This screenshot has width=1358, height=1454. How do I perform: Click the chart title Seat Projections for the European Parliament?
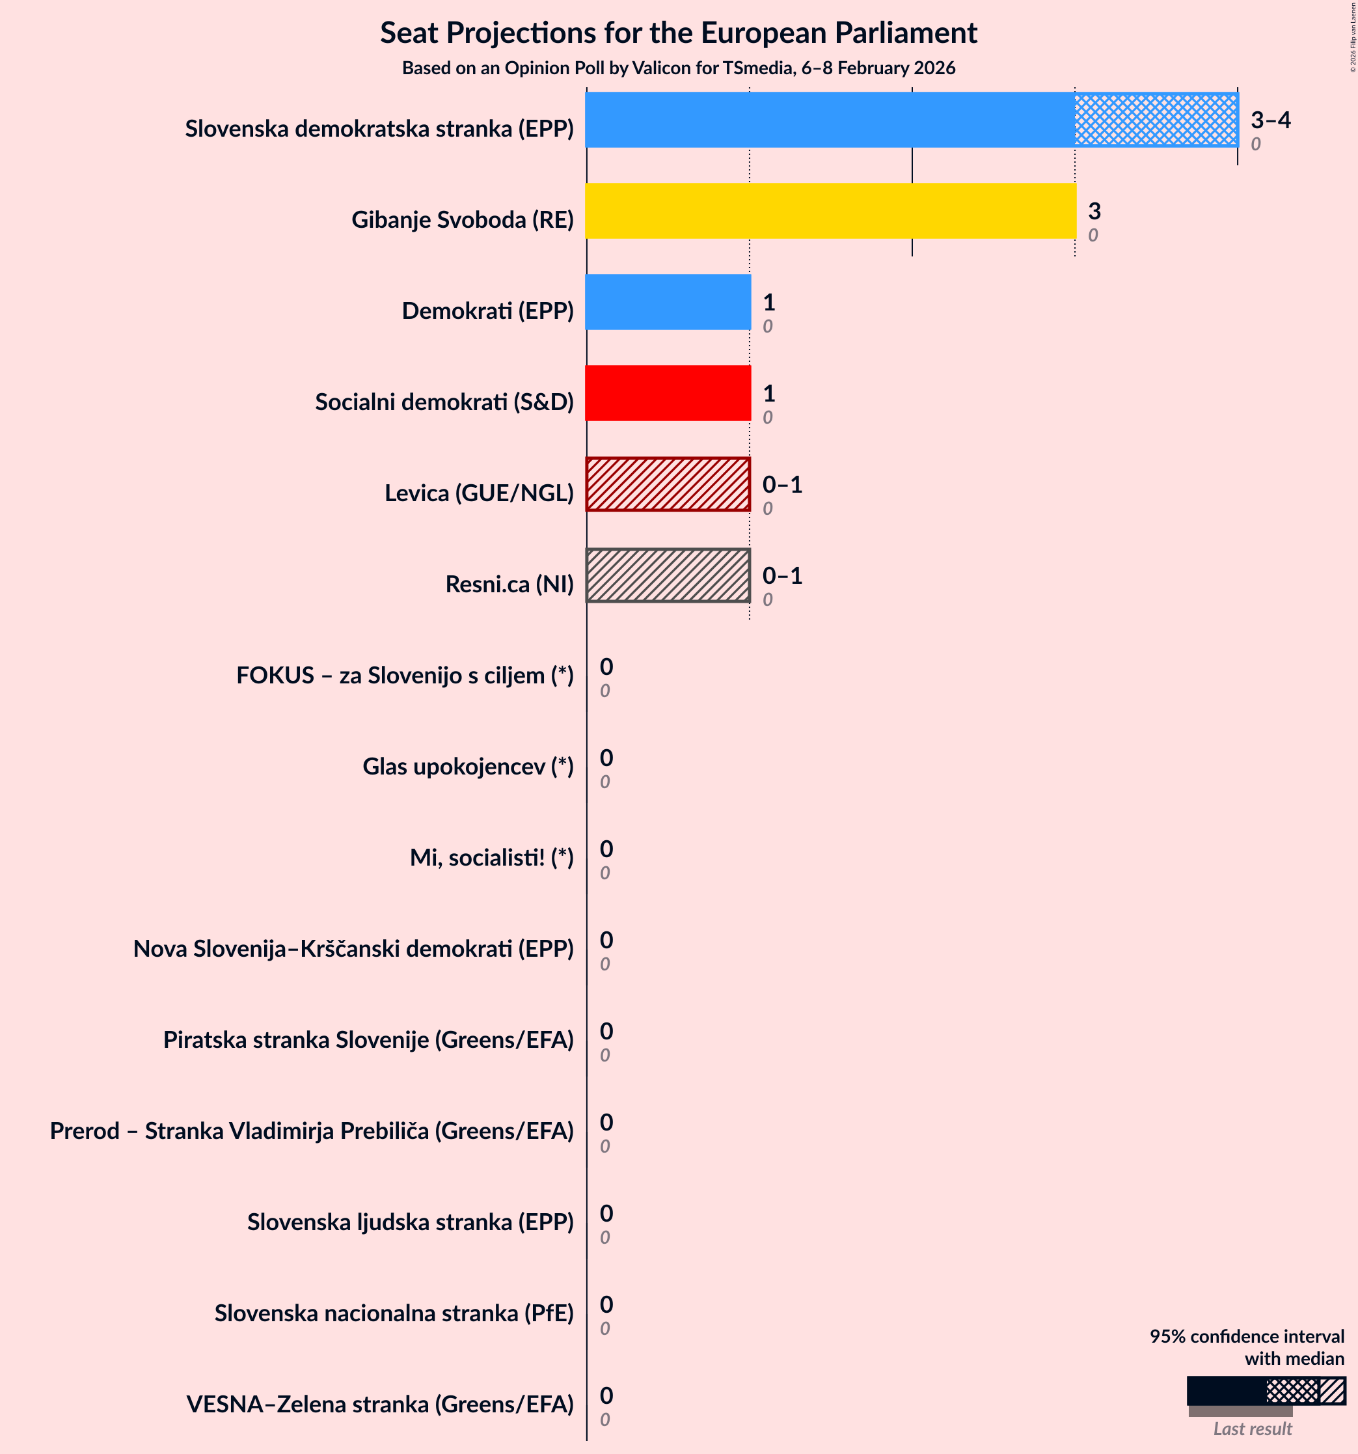pos(678,34)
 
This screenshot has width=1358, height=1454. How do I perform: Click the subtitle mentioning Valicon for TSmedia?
pos(678,68)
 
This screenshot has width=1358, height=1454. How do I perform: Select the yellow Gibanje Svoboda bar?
pos(830,211)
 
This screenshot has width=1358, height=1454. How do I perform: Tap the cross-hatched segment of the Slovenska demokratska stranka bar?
pos(1156,120)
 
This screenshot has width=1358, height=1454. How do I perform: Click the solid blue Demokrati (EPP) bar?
pos(668,302)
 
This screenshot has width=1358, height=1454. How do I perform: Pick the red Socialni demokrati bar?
pos(668,394)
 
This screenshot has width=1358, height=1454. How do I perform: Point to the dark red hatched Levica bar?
pos(668,484)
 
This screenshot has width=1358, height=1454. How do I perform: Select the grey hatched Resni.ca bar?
pos(668,575)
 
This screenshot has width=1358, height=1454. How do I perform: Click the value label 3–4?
pos(1270,120)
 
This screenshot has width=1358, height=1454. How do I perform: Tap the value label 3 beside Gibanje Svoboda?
pos(1094,212)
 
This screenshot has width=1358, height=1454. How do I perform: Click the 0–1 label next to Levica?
pos(781,484)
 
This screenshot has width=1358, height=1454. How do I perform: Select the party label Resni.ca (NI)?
pos(509,584)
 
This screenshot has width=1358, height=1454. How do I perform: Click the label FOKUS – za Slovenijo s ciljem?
pos(404,675)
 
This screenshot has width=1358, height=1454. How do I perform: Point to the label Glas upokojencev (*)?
pos(467,767)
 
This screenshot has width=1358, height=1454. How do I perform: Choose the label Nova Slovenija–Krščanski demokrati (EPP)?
pos(353,948)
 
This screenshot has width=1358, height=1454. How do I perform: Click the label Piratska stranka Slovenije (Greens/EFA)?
pos(368,1039)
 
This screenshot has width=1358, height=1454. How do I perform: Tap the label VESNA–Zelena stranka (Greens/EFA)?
pos(379,1405)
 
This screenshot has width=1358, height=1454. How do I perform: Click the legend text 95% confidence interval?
pos(1246,1336)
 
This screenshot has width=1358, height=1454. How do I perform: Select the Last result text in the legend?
pos(1252,1429)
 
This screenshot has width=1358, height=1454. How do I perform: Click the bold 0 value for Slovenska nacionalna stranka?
pos(606,1304)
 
